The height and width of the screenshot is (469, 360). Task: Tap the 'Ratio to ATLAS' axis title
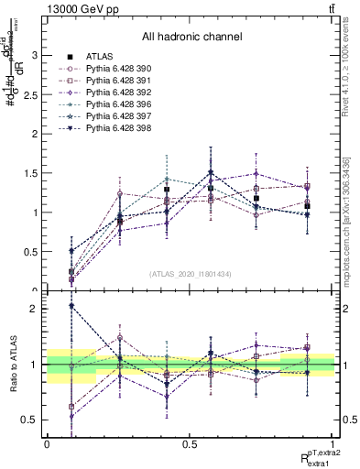[13, 365]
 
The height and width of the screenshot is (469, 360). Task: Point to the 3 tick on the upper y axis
[35, 56]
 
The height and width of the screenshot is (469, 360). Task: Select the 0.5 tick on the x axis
[191, 443]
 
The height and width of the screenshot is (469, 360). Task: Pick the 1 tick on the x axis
[334, 443]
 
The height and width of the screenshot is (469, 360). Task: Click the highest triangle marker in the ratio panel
[71, 306]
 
